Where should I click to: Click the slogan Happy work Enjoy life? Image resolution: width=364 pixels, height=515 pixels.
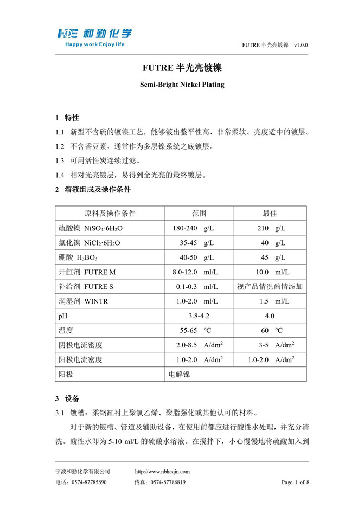(x=94, y=44)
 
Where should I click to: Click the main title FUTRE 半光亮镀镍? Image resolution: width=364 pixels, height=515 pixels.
(x=182, y=68)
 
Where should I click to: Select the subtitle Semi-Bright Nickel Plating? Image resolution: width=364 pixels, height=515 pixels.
(x=182, y=85)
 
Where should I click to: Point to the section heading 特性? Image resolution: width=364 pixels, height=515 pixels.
(x=72, y=118)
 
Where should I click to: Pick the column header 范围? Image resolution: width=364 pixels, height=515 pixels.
(x=199, y=213)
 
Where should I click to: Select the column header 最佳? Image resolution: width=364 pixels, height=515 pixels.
(x=270, y=213)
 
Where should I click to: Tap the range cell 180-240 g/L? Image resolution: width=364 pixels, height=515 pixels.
(x=193, y=228)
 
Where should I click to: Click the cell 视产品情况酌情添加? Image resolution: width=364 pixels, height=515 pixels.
(x=270, y=286)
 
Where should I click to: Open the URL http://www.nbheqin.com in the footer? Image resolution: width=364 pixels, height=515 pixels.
(x=162, y=472)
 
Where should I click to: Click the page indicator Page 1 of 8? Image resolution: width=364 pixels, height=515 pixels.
(x=295, y=482)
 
